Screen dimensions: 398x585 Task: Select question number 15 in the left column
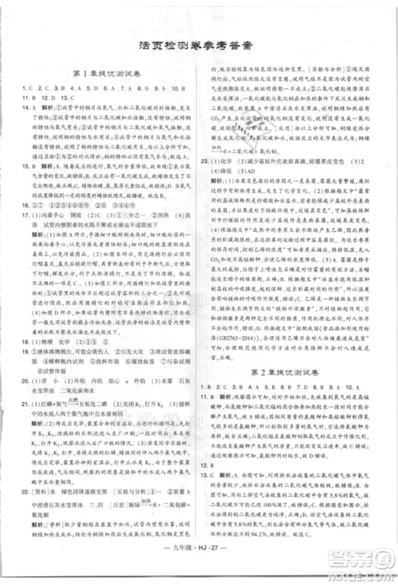[x=25, y=168]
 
